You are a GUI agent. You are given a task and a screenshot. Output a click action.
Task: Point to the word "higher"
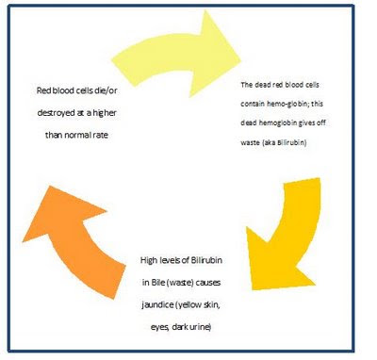105,113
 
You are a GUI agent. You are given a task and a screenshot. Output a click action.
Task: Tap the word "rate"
100,135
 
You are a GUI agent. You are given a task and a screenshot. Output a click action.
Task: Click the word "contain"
253,104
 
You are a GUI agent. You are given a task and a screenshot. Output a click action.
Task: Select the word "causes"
207,283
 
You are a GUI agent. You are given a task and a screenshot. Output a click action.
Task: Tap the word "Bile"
158,282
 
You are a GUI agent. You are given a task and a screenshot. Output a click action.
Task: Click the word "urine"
201,327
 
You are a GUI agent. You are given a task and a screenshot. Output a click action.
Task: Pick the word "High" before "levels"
148,260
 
